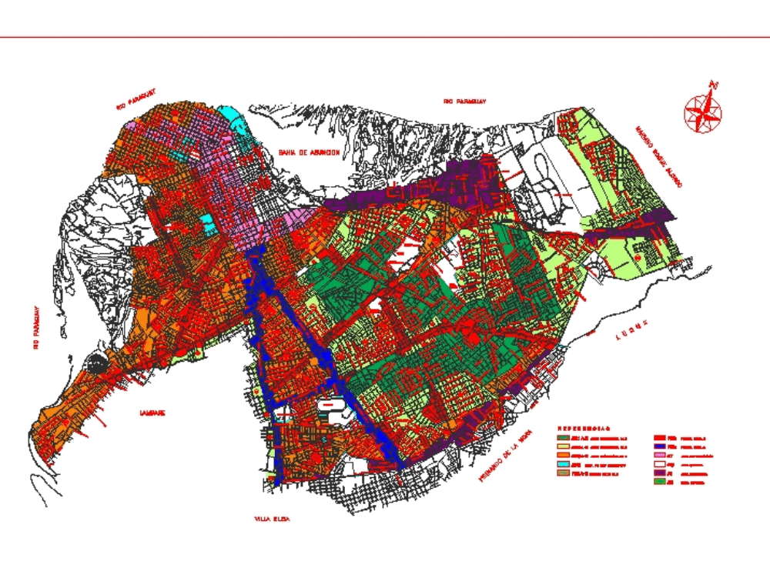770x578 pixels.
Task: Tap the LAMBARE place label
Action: [x=152, y=413]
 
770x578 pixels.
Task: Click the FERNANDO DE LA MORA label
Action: [x=506, y=455]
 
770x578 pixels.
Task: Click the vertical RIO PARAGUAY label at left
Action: [x=35, y=329]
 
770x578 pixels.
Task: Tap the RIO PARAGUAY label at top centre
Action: [x=466, y=101]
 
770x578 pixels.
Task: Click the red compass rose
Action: [x=702, y=112]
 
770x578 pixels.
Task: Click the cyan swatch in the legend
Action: [x=564, y=464]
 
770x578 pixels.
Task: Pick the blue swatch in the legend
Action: [x=660, y=446]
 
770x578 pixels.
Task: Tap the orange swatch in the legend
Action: [x=564, y=455]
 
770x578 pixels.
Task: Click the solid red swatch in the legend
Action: [x=660, y=438]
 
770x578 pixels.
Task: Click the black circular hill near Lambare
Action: [x=98, y=363]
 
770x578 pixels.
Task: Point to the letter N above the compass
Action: [x=715, y=83]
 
